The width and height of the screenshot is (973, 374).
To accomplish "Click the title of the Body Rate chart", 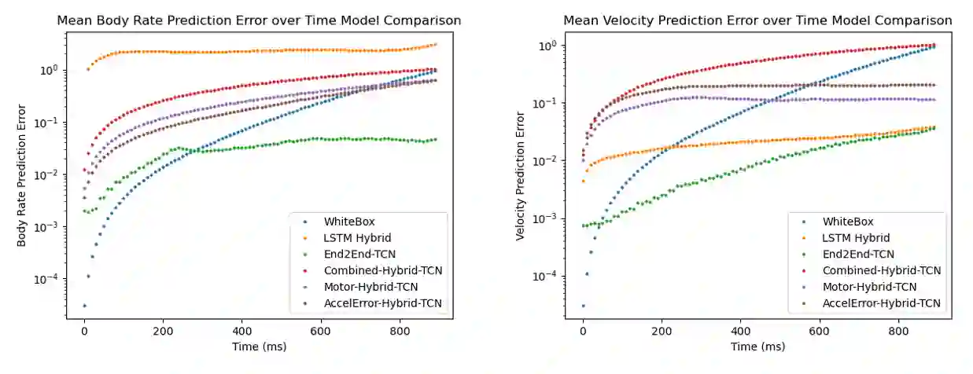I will pyautogui.click(x=259, y=20).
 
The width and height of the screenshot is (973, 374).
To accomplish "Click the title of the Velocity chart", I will pyautogui.click(x=757, y=20).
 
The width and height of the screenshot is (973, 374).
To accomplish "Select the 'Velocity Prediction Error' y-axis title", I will pyautogui.click(x=521, y=175).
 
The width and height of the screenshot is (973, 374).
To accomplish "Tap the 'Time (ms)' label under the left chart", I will pyautogui.click(x=259, y=346).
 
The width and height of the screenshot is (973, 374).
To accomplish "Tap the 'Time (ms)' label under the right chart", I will pyautogui.click(x=757, y=346).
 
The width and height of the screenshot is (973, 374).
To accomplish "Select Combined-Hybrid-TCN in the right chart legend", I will pyautogui.click(x=882, y=270).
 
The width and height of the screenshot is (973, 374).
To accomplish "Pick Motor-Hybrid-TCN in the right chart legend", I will pyautogui.click(x=874, y=287).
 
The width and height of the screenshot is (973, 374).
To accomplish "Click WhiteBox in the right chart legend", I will pyautogui.click(x=848, y=222).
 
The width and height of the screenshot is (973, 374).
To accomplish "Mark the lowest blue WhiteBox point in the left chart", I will pyautogui.click(x=84, y=306).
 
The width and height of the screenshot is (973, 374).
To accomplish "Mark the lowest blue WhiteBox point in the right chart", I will pyautogui.click(x=583, y=306).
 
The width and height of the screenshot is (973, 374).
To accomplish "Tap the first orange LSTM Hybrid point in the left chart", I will pyautogui.click(x=88, y=69).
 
